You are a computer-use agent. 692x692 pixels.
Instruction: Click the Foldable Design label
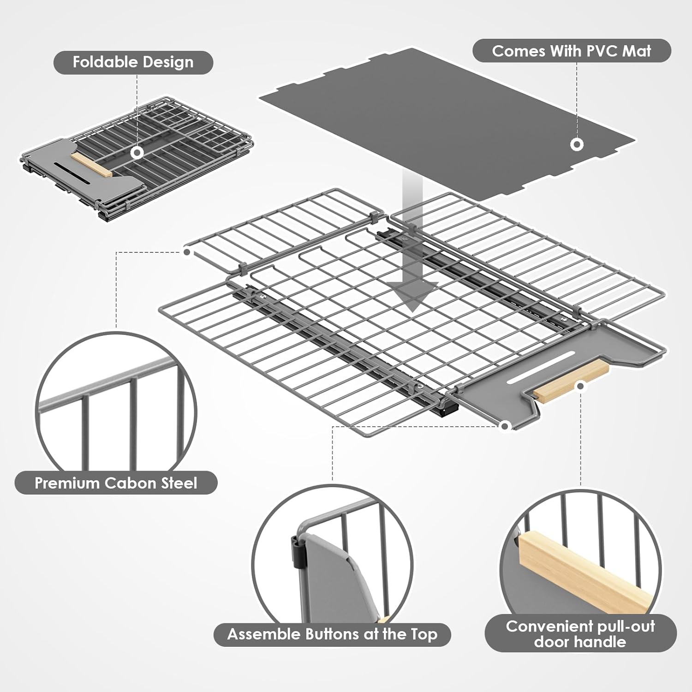[x=133, y=62]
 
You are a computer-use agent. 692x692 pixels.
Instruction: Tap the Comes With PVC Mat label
[x=571, y=51]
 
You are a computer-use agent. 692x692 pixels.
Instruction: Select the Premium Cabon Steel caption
[x=116, y=483]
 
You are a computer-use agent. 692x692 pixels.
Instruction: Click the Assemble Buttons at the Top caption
[x=332, y=634]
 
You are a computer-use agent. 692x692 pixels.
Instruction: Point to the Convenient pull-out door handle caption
[x=580, y=633]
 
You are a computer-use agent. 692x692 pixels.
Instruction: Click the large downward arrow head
[x=412, y=295]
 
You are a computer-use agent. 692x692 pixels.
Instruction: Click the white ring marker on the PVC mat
[x=576, y=144]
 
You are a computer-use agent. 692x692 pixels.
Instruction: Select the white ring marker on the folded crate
[x=137, y=153]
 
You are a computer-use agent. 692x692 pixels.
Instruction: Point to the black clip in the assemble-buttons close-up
[x=298, y=551]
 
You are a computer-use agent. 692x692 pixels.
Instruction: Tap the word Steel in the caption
[x=179, y=483]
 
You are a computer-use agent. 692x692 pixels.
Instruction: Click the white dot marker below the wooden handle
[x=581, y=386]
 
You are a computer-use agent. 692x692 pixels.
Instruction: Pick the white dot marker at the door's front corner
[x=505, y=426]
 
